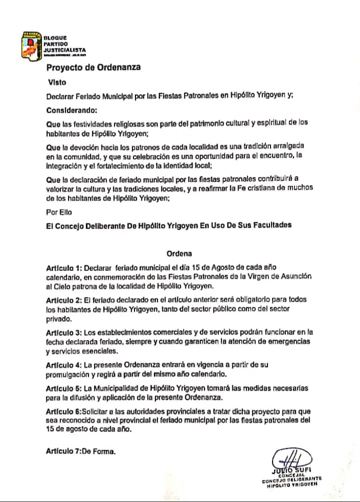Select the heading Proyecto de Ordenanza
(94, 68)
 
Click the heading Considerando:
(72, 109)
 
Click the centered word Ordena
(179, 253)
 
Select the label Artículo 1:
(64, 267)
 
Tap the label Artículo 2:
(64, 299)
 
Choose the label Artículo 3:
(64, 332)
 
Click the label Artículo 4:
(64, 364)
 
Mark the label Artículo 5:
(64, 388)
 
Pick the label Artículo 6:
(64, 411)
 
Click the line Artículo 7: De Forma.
(80, 451)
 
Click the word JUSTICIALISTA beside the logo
(64, 50)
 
